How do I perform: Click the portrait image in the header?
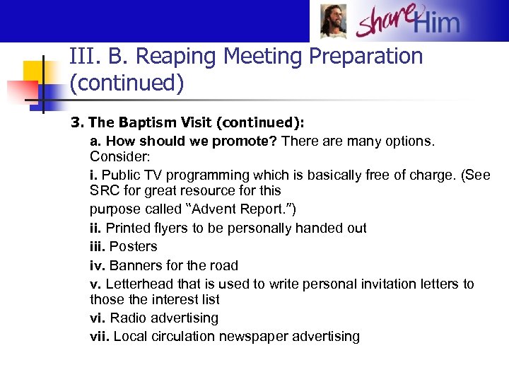coord(334,22)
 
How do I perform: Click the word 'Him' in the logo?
coord(436,23)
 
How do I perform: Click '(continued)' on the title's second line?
coord(127,83)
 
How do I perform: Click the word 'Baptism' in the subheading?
coord(138,122)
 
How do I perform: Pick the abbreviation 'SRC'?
coord(105,190)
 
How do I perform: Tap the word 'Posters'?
coord(134,246)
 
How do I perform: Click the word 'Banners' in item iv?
coord(137,265)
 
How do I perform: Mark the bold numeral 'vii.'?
coord(100,336)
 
